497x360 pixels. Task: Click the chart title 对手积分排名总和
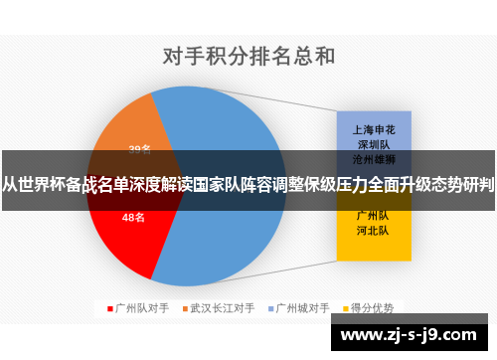click(248, 55)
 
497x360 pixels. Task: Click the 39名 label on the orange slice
click(140, 150)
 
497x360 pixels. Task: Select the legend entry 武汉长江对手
click(222, 308)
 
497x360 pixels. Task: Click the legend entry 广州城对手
click(302, 308)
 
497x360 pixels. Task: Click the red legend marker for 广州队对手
click(111, 308)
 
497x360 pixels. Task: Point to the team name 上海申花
click(373, 129)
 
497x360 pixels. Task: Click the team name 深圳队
click(373, 143)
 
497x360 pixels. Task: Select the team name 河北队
click(373, 229)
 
